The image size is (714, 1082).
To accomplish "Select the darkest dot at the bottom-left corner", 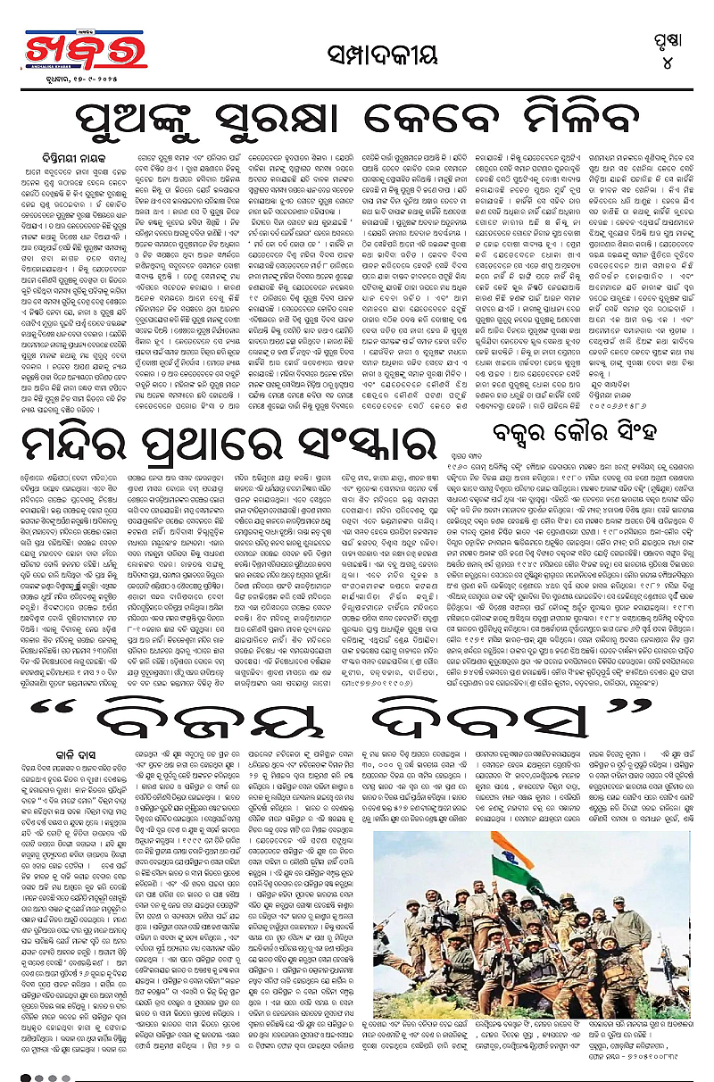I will click(27, 1077).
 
